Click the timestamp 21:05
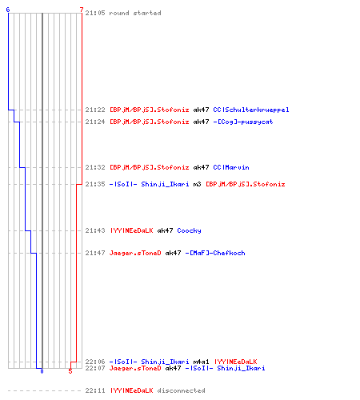(95, 13)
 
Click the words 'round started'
(135, 13)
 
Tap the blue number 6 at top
(8, 10)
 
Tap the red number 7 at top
(82, 10)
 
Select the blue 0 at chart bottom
(42, 371)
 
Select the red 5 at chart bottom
(70, 371)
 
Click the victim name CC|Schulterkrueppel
(251, 110)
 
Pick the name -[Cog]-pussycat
(243, 122)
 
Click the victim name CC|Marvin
(231, 167)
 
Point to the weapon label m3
(197, 184)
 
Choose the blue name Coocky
(189, 230)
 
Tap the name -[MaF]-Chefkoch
(215, 253)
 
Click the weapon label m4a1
(201, 362)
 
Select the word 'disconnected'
(181, 390)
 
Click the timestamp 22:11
(95, 390)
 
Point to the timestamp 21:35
(95, 184)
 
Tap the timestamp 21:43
(95, 230)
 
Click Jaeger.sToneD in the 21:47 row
(135, 253)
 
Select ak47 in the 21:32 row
(201, 167)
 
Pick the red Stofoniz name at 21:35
(246, 184)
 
